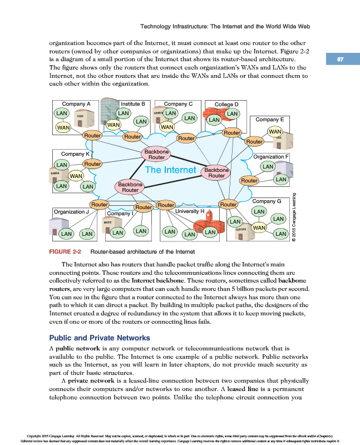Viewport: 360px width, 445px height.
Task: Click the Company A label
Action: point(76,104)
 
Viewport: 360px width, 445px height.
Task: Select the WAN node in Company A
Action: point(62,127)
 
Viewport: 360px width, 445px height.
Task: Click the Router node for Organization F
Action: point(249,181)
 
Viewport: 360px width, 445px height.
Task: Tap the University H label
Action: point(190,211)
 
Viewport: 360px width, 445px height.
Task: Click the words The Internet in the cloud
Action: point(170,169)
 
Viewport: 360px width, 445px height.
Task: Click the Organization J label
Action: point(71,212)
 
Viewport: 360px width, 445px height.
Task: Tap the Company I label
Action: point(120,213)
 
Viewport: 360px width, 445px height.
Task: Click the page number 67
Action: point(341,60)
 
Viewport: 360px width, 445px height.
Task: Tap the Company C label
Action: point(179,103)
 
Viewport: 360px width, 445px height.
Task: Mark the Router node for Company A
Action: point(92,135)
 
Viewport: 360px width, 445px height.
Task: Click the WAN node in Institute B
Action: point(114,125)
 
